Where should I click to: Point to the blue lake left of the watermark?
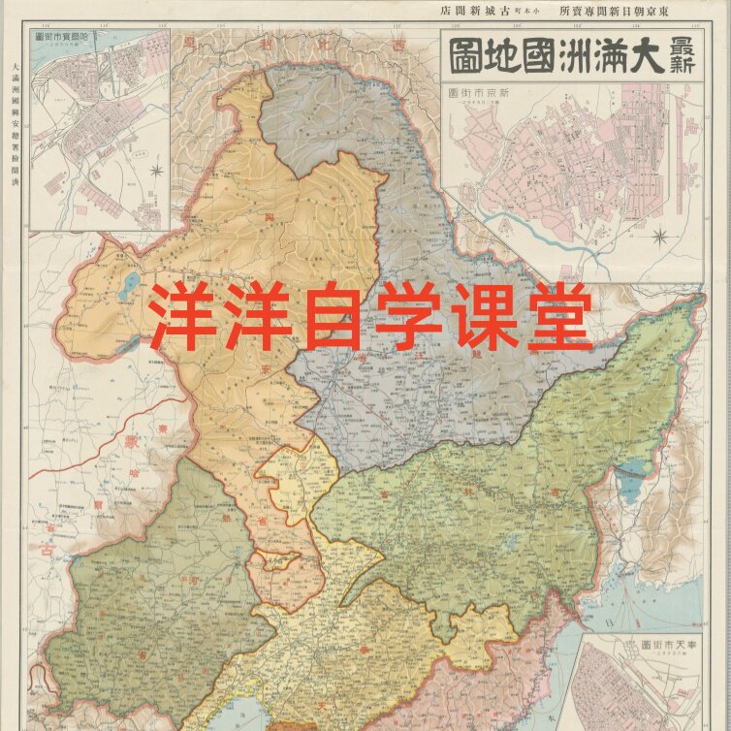tap(130, 286)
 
